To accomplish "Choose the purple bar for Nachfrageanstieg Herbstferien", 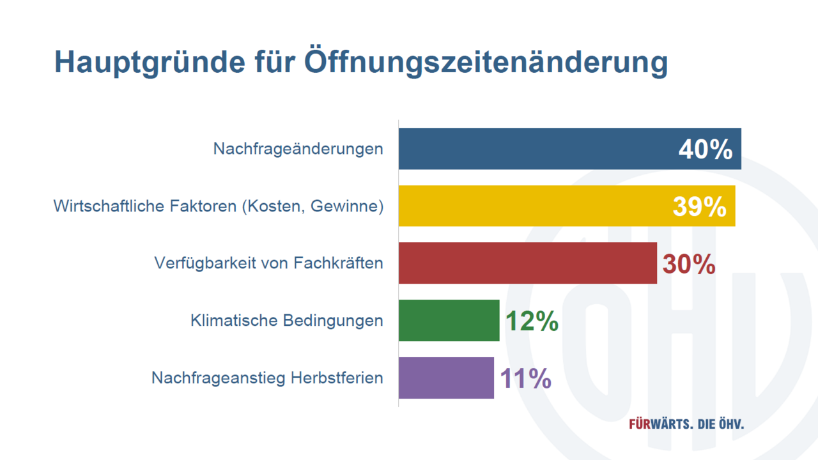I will point(446,378).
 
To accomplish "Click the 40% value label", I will point(705,150).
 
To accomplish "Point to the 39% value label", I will point(699,207).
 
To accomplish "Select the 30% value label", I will point(689,264).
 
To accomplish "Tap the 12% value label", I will point(532,321).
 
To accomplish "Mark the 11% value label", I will point(525,379).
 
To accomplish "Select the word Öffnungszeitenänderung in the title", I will point(486,63).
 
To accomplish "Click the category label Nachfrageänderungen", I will point(298,149).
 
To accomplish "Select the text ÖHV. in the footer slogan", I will point(730,424).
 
